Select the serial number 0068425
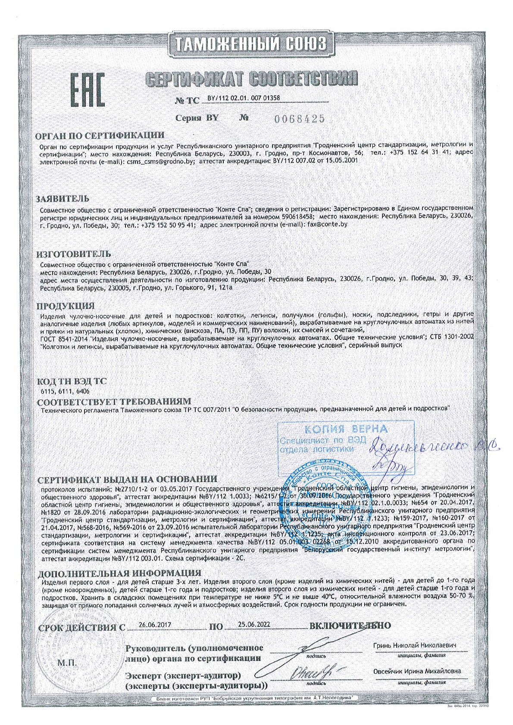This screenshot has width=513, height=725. click(x=299, y=118)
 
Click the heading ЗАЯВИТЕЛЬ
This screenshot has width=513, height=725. click(x=63, y=199)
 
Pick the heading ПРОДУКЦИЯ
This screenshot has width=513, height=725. click(x=65, y=306)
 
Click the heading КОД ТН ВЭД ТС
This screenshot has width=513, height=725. click(x=71, y=382)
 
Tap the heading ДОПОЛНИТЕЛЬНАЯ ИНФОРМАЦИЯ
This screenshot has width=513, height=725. click(x=119, y=573)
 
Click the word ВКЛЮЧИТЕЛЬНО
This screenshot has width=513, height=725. click(x=350, y=625)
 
